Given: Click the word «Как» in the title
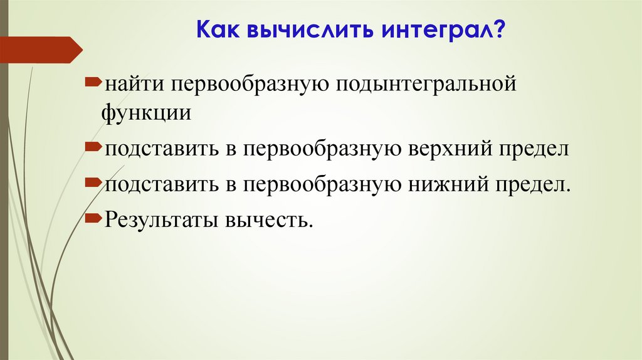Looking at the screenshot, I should click(x=216, y=29).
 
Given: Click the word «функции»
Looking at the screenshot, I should click(x=147, y=113).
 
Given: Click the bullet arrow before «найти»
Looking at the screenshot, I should click(x=93, y=82).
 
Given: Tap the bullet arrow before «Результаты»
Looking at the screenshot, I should click(x=93, y=218).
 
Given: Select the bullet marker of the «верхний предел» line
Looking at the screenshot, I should click(x=93, y=147).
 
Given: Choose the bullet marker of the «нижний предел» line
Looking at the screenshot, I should click(x=93, y=183).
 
